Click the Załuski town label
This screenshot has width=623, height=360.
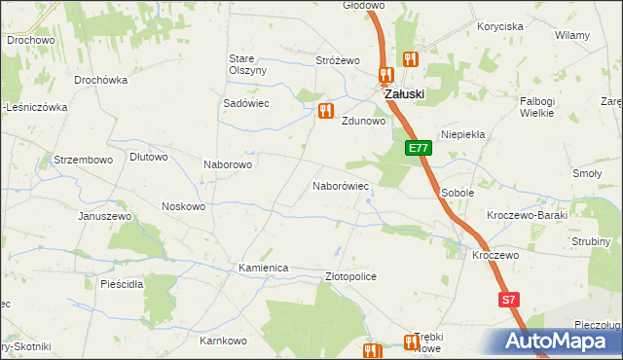[x=404, y=93]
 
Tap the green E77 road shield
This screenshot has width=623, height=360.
[x=418, y=148]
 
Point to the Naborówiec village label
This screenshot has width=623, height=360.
[x=340, y=185]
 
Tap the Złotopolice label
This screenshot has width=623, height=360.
[x=349, y=276]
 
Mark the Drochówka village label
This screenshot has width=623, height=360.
[x=101, y=80]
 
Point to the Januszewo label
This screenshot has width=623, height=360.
[x=105, y=215]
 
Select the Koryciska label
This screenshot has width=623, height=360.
[x=500, y=27]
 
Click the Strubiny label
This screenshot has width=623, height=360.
[x=591, y=241]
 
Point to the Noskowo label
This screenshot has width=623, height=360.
[x=183, y=206]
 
